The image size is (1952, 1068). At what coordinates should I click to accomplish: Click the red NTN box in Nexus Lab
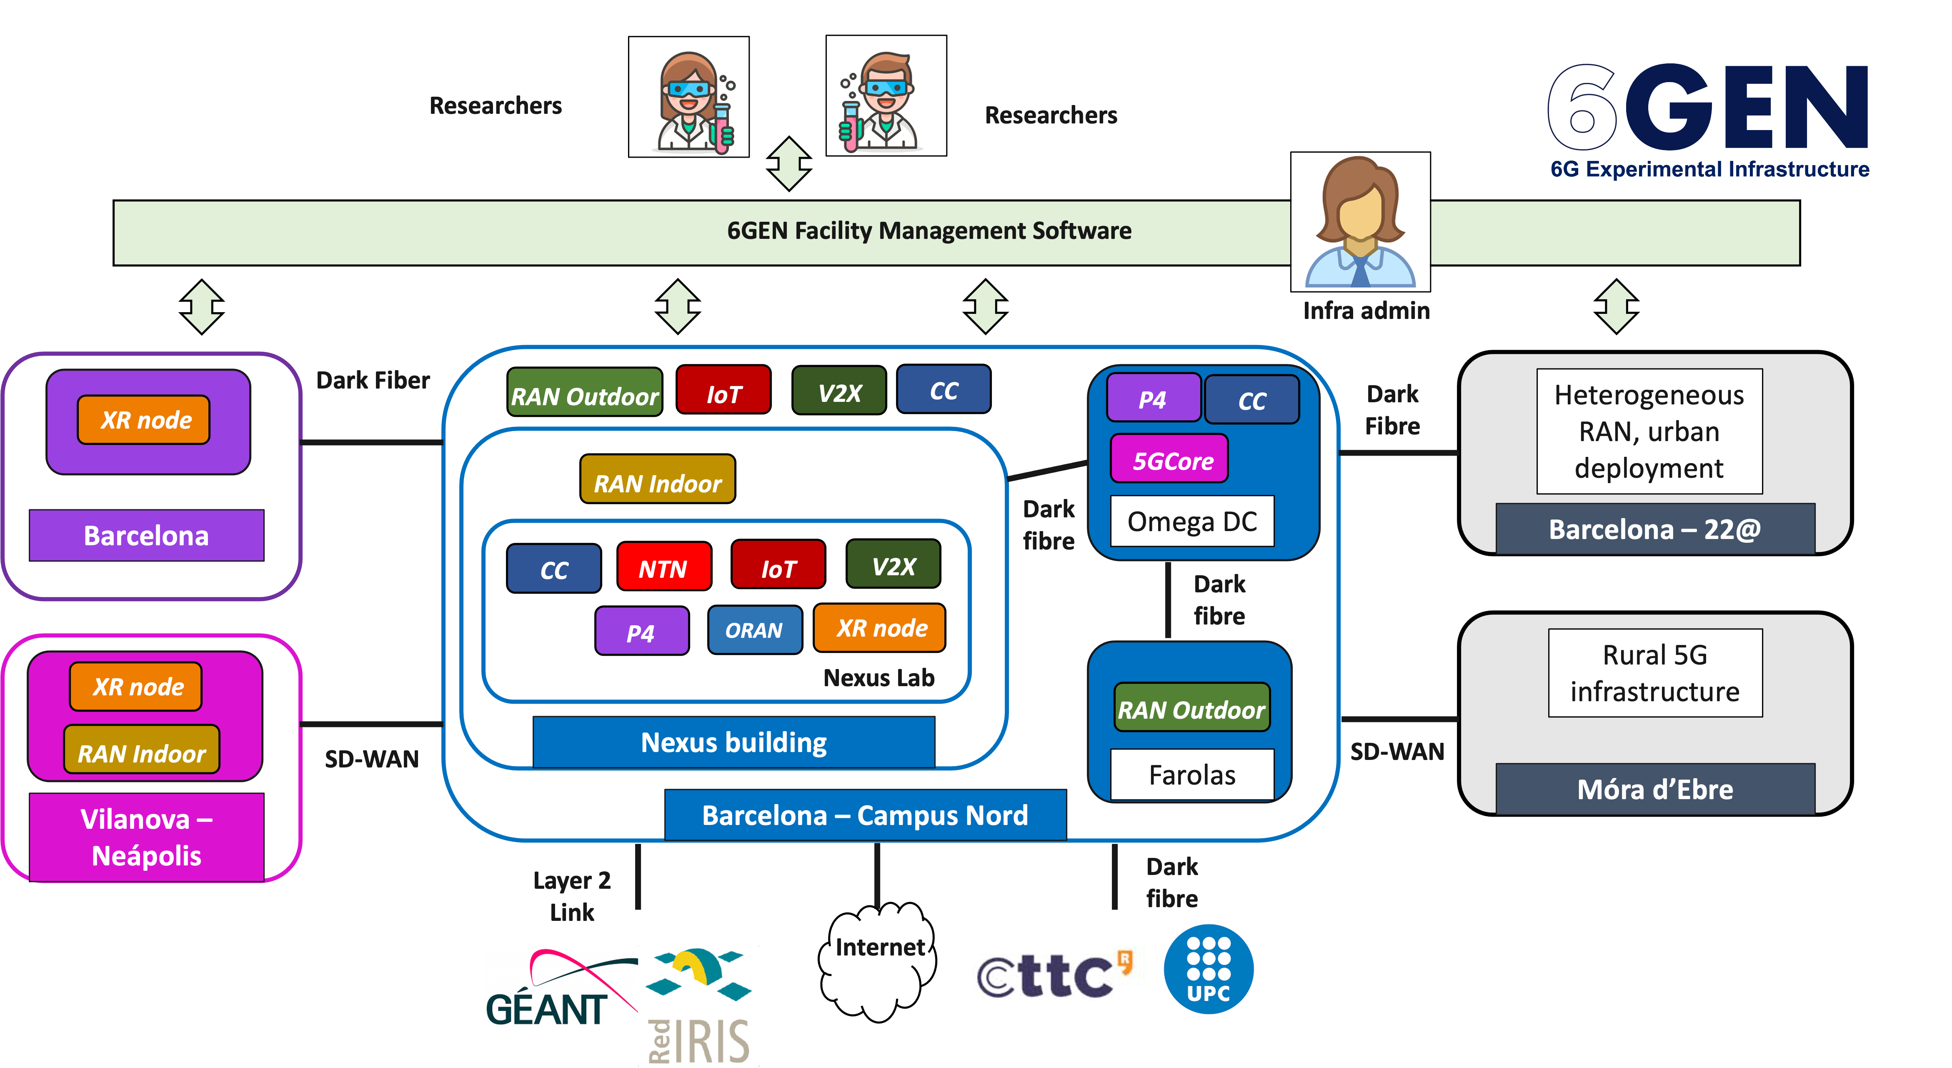click(664, 567)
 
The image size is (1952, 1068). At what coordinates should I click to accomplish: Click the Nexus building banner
click(733, 742)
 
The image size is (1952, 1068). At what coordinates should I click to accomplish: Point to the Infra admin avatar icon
click(1360, 221)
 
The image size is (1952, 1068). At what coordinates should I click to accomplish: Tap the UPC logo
click(1209, 970)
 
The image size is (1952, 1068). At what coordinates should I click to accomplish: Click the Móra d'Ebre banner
click(1655, 789)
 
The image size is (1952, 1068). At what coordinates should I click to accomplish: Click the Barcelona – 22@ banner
click(1655, 528)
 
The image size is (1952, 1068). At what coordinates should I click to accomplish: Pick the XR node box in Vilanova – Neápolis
click(136, 687)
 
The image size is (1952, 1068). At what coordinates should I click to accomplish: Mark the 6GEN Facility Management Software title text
click(929, 231)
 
